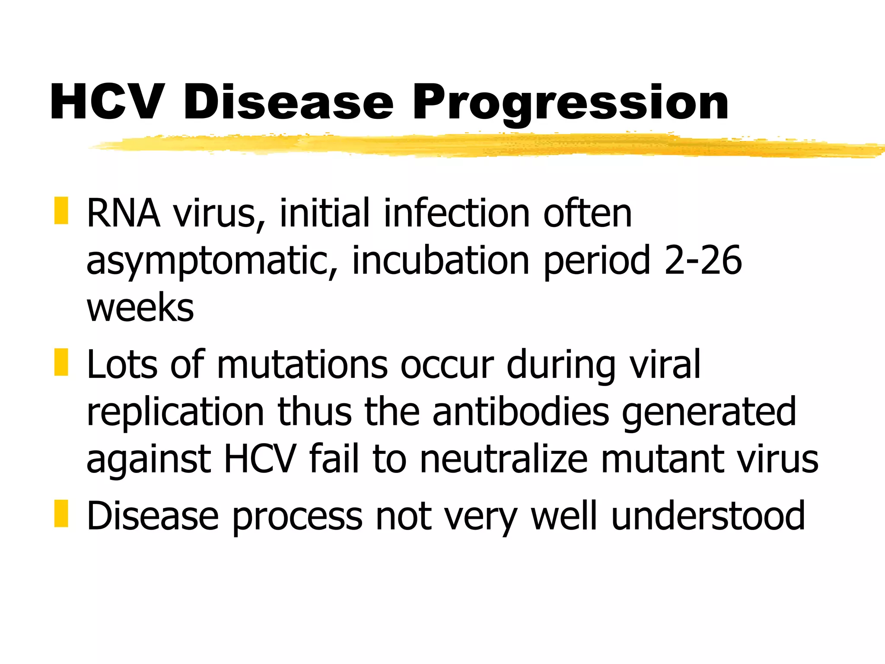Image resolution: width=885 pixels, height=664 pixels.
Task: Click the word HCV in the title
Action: tap(107, 102)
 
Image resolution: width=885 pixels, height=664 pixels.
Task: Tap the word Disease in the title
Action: tap(288, 102)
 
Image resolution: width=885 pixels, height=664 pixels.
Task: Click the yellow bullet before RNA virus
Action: tap(61, 211)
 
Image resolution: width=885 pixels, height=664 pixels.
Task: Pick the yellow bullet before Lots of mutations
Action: tap(61, 362)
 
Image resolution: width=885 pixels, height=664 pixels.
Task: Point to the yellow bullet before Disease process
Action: tap(61, 514)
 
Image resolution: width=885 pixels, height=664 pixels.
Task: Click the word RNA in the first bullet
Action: tap(123, 213)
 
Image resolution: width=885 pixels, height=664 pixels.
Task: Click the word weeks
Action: tap(140, 308)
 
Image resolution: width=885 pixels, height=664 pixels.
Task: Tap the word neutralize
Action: tap(504, 459)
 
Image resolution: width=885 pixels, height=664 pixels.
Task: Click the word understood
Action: tap(708, 515)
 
